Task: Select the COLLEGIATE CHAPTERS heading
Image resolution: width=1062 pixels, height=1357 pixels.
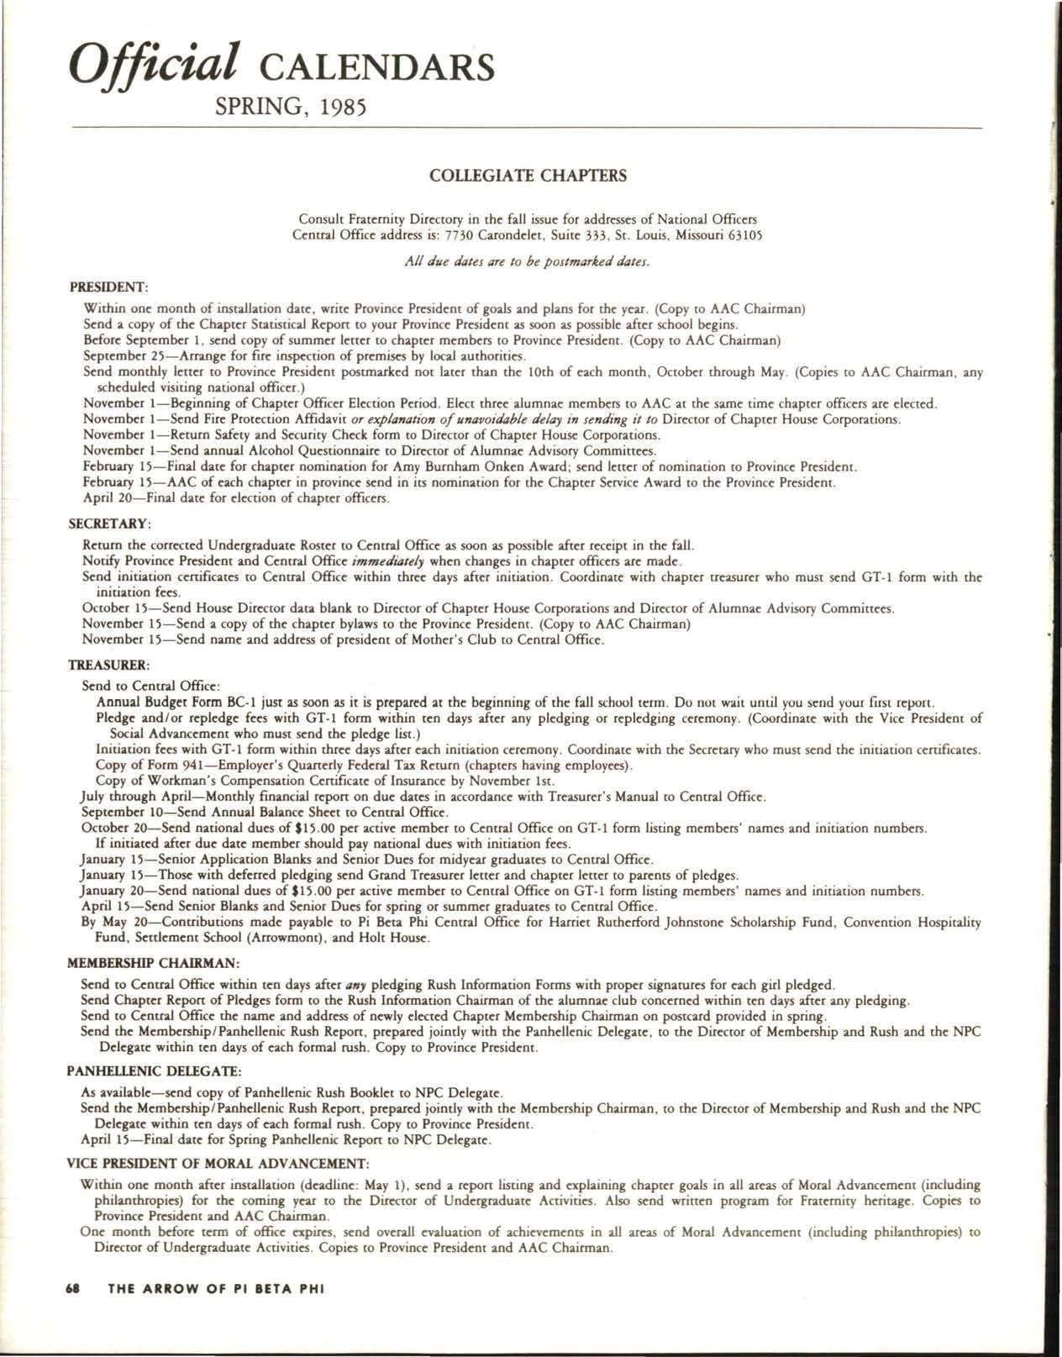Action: (x=528, y=176)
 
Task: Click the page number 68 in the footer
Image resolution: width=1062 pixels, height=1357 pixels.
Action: (x=73, y=1313)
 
